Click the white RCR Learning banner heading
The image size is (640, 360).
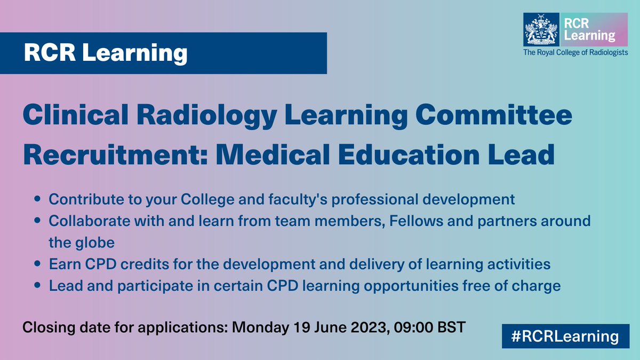pos(106,54)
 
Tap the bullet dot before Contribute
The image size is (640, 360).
pos(37,200)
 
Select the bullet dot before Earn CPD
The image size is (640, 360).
pos(37,265)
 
